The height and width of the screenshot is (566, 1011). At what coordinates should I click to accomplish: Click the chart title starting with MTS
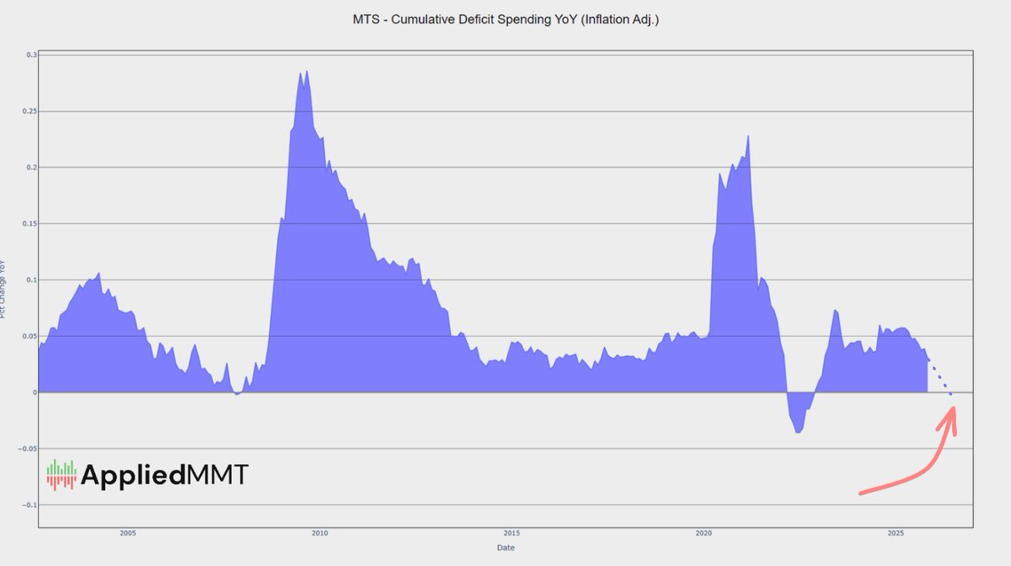(505, 19)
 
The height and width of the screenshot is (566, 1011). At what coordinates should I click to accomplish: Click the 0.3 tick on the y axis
(31, 56)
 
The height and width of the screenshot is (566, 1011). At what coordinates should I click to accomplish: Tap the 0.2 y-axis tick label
(31, 168)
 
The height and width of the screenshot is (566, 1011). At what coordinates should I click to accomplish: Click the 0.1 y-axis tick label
(31, 280)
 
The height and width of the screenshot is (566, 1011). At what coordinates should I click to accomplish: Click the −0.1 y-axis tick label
(29, 505)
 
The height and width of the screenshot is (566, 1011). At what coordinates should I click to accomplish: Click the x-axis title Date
(505, 547)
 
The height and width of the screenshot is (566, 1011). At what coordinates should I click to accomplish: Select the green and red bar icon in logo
(61, 474)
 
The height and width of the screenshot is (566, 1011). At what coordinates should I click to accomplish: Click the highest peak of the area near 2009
(307, 72)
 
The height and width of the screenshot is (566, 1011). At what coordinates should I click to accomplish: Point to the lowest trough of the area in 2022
(798, 432)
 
